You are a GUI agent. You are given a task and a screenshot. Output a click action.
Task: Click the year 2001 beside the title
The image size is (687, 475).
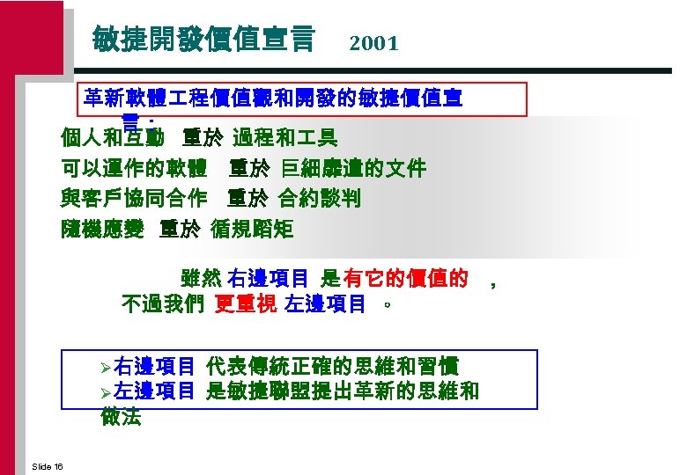373,43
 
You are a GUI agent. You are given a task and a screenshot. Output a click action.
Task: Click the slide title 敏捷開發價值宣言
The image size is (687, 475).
203,39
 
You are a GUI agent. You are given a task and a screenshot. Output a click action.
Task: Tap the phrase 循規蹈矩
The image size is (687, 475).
253,230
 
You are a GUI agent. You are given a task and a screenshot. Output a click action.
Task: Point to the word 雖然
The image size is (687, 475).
201,279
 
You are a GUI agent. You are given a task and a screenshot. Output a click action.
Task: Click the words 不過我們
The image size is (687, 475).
163,304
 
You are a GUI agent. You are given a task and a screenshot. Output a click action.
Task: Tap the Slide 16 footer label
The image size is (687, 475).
46,465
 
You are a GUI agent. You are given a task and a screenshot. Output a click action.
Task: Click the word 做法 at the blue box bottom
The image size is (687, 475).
122,417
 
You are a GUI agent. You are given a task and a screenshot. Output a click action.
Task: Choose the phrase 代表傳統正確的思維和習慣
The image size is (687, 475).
332,365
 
